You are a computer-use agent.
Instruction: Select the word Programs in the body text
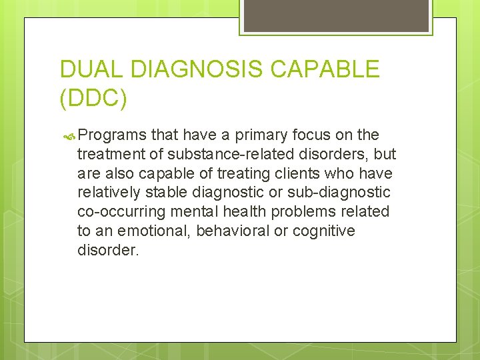[x=112, y=135]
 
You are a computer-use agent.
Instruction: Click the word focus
[x=313, y=135]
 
